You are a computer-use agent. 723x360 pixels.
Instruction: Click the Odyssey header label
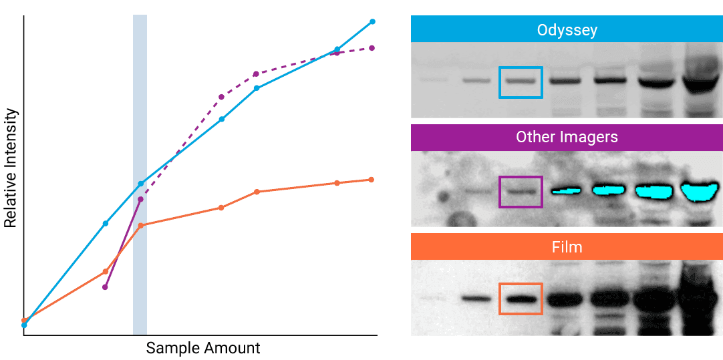(x=567, y=30)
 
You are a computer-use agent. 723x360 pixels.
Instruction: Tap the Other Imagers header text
(x=567, y=137)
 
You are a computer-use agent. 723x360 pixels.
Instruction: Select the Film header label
(x=567, y=247)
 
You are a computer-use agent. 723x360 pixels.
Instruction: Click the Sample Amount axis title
(x=202, y=348)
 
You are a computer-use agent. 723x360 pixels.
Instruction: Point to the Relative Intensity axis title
(x=11, y=168)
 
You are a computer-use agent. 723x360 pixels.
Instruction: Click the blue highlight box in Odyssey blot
(x=521, y=82)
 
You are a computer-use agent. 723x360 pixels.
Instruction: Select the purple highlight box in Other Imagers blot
(x=521, y=192)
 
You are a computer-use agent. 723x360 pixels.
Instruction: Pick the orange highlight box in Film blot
(x=521, y=299)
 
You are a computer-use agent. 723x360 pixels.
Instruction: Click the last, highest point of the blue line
(x=372, y=21)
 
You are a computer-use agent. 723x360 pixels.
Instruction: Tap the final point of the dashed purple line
(x=372, y=48)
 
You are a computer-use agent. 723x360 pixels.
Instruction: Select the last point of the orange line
(x=371, y=180)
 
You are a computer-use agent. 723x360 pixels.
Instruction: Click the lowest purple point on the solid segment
(x=105, y=287)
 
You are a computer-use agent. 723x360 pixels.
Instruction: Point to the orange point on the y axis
(x=24, y=321)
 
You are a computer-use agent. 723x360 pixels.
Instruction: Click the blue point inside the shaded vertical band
(x=140, y=184)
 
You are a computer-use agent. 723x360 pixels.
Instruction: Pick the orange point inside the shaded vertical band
(x=140, y=226)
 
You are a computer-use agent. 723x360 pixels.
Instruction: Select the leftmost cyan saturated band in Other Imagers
(x=567, y=191)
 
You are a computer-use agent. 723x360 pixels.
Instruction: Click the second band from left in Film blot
(x=475, y=299)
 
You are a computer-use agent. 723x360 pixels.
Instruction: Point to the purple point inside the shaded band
(x=140, y=199)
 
